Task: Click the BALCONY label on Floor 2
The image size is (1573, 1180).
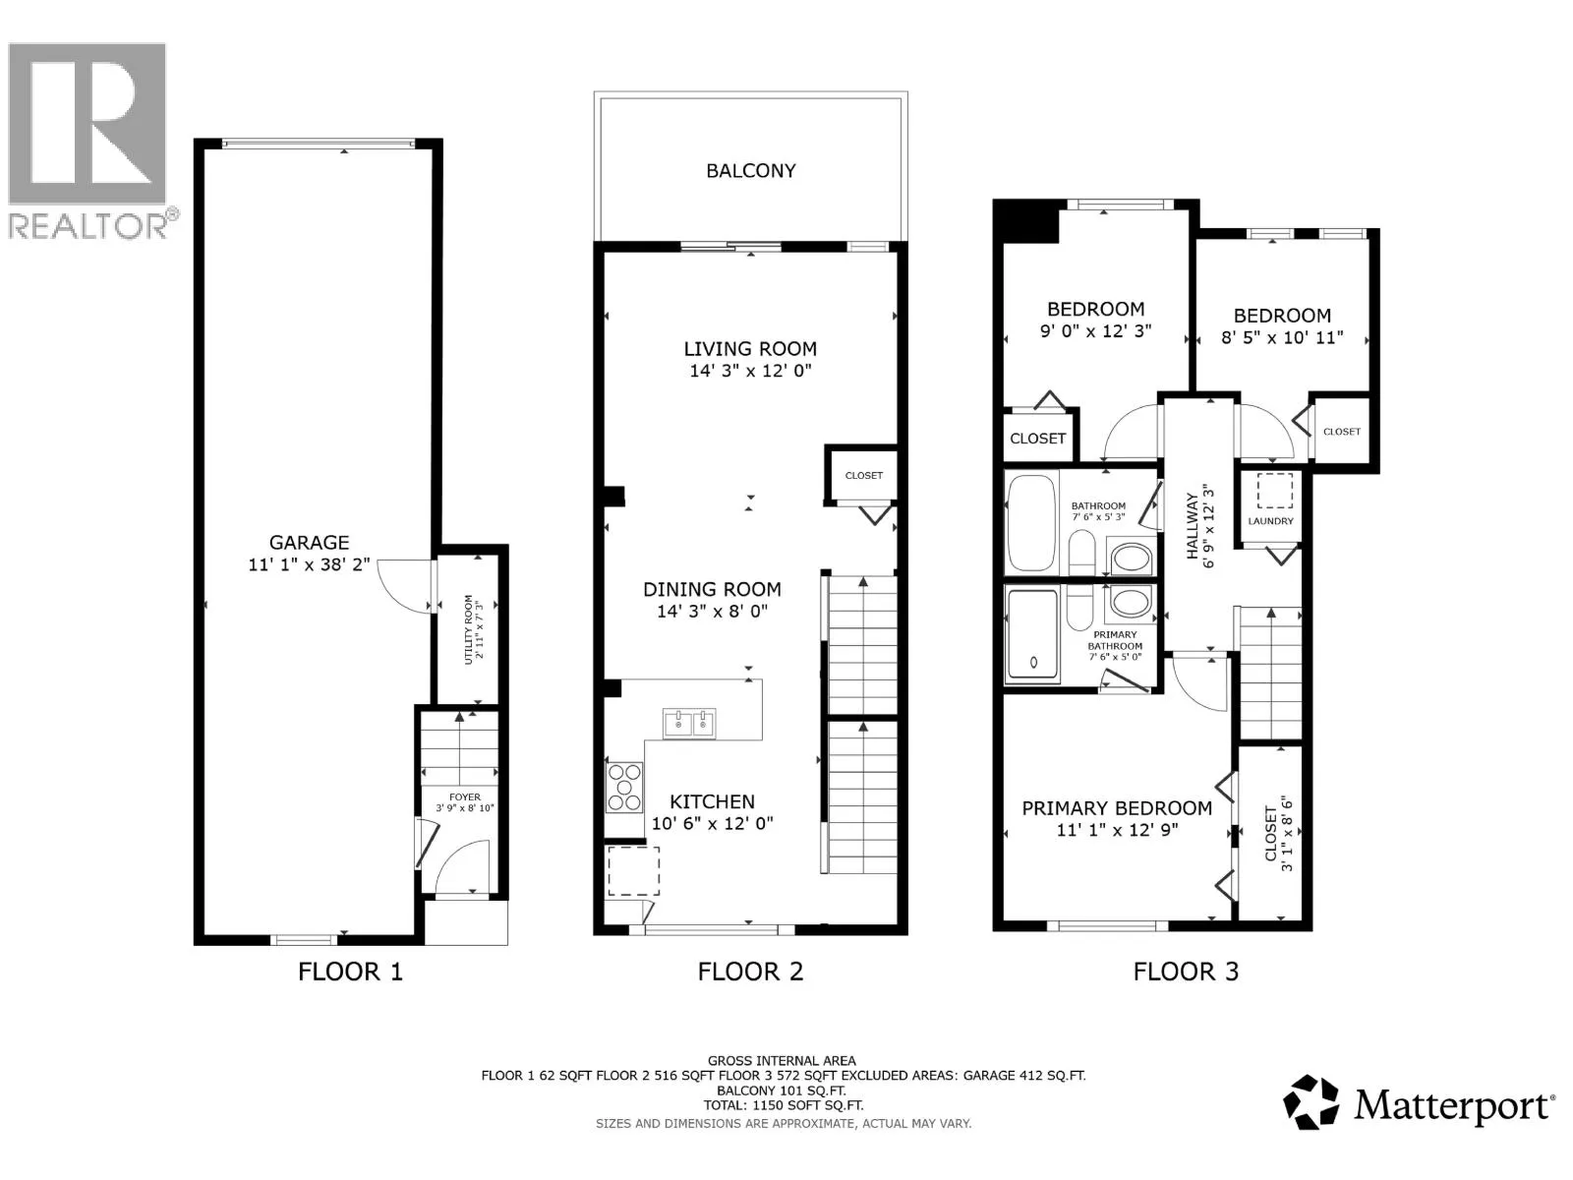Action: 750,170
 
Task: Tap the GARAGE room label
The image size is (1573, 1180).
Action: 309,543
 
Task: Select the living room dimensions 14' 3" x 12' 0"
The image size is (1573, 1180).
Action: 750,371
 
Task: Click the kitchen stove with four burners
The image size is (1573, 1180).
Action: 624,788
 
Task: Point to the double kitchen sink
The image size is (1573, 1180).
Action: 689,724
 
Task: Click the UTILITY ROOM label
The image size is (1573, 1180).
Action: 469,629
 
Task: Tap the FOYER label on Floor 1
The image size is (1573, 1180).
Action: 464,796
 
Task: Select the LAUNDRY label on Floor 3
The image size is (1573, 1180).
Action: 1270,521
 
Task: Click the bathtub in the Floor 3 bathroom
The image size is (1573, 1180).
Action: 1032,523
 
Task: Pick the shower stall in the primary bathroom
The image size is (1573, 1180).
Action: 1032,633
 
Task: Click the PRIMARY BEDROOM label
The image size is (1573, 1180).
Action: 1117,808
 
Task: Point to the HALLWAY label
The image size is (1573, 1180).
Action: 1192,526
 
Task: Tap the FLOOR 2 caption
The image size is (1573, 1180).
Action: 750,972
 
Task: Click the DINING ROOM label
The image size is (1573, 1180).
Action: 712,590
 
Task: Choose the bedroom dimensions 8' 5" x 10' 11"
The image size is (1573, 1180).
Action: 1282,337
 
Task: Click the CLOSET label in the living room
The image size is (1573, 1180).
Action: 863,475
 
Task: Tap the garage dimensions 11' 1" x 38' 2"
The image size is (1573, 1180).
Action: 309,564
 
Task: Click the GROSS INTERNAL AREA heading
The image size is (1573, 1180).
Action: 782,1060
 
